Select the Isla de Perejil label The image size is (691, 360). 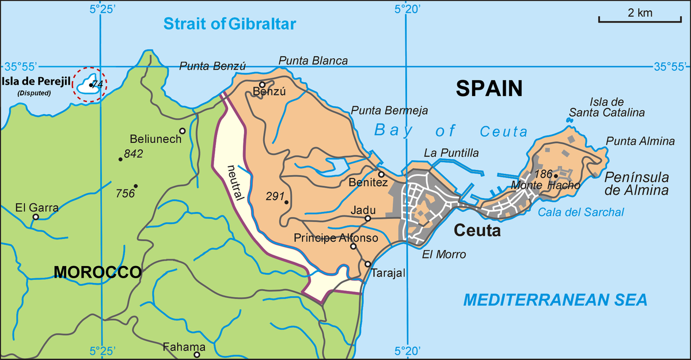[35, 81]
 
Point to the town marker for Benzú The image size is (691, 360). [262, 84]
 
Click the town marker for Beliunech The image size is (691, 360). [182, 131]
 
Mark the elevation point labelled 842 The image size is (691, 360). [120, 159]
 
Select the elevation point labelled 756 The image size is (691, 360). [135, 186]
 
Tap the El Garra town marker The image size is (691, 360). [36, 217]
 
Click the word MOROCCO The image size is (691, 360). [97, 272]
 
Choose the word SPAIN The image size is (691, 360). [489, 88]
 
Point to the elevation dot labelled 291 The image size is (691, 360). [286, 202]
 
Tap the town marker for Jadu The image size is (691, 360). [367, 218]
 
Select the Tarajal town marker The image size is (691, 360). [367, 264]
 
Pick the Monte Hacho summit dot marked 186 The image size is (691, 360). [556, 176]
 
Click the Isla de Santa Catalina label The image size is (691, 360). [607, 108]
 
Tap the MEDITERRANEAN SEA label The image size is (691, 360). [556, 300]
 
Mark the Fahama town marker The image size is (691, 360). [196, 355]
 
